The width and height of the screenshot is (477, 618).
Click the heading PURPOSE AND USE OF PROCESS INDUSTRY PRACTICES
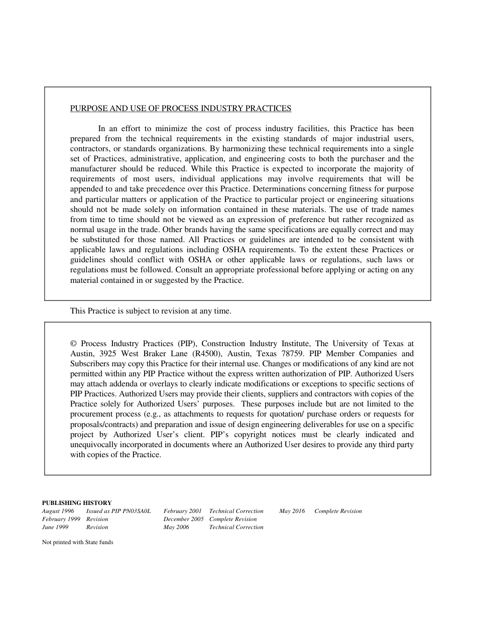[x=180, y=108]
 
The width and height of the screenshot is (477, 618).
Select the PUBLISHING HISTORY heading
[x=77, y=502]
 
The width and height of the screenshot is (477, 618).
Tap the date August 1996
[x=58, y=511]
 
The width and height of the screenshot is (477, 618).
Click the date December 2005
[x=183, y=519]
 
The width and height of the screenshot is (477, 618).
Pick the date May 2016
[x=292, y=511]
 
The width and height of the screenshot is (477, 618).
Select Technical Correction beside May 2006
[x=236, y=527]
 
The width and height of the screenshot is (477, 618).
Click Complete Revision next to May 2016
[x=338, y=511]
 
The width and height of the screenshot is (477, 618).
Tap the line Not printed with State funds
[x=78, y=542]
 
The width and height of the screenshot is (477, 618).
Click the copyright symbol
[x=73, y=344]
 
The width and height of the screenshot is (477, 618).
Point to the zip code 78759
[x=291, y=353]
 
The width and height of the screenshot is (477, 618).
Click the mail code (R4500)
[x=207, y=353]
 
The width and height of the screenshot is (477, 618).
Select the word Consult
[x=192, y=270]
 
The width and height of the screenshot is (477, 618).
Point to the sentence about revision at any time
[x=151, y=311]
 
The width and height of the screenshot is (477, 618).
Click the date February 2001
[x=182, y=511]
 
